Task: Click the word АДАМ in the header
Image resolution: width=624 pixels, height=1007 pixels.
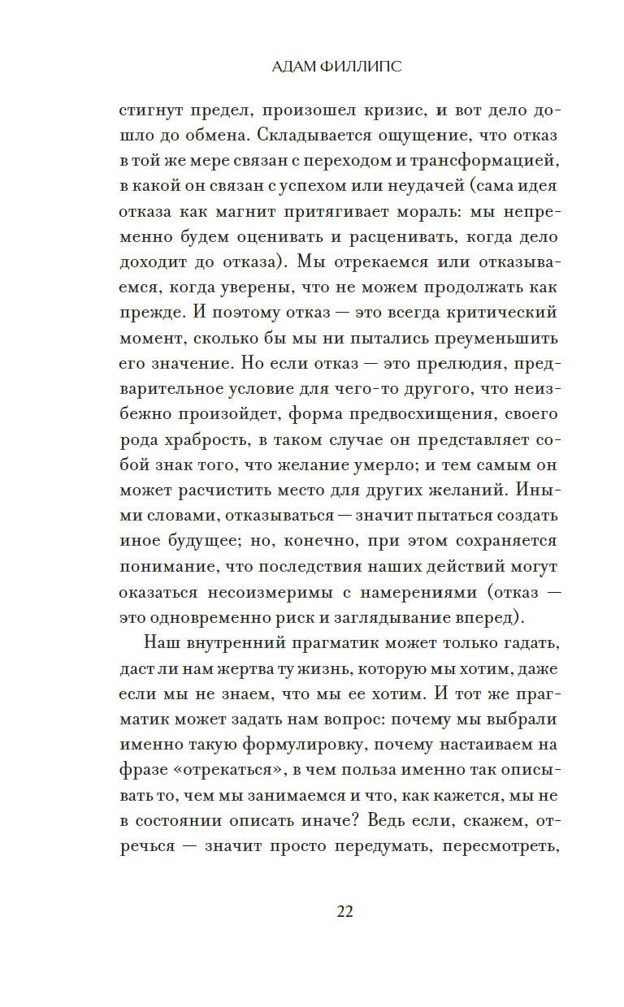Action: click(x=298, y=67)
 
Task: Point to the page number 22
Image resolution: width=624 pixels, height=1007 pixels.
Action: click(x=344, y=911)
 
